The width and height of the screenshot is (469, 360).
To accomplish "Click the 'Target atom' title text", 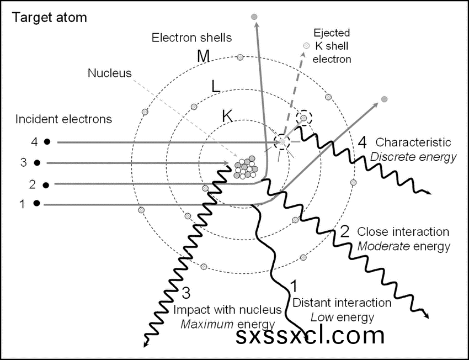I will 50,17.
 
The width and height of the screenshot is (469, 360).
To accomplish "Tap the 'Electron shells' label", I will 191,38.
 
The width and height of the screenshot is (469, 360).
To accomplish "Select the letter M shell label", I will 205,56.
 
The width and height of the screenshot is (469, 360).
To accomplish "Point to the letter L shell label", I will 217,86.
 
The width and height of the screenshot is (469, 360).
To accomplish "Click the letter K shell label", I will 227,116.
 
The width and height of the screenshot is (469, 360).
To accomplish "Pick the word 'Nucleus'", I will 110,73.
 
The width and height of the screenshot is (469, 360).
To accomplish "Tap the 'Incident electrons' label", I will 63,119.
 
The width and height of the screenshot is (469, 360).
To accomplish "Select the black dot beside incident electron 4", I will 47,142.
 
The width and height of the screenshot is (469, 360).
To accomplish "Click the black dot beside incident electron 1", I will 36,204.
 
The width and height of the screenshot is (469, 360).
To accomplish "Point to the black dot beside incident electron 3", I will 37,163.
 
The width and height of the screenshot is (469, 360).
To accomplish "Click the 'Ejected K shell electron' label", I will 332,46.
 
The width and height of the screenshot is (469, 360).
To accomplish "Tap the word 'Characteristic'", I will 413,142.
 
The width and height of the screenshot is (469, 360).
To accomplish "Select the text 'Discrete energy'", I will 413,157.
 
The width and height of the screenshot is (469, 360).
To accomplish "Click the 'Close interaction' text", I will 403,231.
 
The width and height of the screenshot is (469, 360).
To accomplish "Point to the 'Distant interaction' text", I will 342,303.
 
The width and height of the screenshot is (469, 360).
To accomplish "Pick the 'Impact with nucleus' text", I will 227,309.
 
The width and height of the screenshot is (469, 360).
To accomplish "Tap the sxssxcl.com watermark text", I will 310,335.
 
